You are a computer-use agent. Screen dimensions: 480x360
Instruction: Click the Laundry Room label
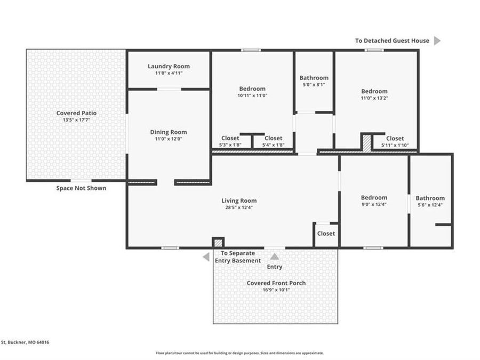169,66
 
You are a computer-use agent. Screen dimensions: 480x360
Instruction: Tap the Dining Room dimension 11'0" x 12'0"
169,139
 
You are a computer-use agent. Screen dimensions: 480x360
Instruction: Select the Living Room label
239,201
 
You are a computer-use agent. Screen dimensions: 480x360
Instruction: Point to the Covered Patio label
76,113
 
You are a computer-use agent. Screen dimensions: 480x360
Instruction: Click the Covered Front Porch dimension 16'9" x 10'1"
276,290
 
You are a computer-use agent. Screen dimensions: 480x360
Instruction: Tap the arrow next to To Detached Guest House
437,41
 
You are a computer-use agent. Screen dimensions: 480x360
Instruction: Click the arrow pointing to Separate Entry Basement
206,257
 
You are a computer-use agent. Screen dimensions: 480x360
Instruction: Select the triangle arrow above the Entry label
275,256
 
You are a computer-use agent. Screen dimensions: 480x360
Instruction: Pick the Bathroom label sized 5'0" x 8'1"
314,78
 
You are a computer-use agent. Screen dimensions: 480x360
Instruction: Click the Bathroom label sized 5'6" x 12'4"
430,198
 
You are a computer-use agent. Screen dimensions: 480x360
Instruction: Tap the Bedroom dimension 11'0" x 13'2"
374,98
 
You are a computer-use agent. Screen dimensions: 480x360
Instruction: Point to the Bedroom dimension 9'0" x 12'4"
374,204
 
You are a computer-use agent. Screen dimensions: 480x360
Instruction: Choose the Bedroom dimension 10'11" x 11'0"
252,95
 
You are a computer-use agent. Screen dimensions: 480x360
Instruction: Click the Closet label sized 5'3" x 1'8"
230,138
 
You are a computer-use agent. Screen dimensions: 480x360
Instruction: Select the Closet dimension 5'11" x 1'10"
395,145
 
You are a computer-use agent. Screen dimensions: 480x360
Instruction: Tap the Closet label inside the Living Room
326,234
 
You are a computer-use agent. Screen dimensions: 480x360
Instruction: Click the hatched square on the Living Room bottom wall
218,243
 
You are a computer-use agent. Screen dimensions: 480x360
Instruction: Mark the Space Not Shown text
81,188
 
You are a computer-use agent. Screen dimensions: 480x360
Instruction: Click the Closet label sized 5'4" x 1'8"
274,138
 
